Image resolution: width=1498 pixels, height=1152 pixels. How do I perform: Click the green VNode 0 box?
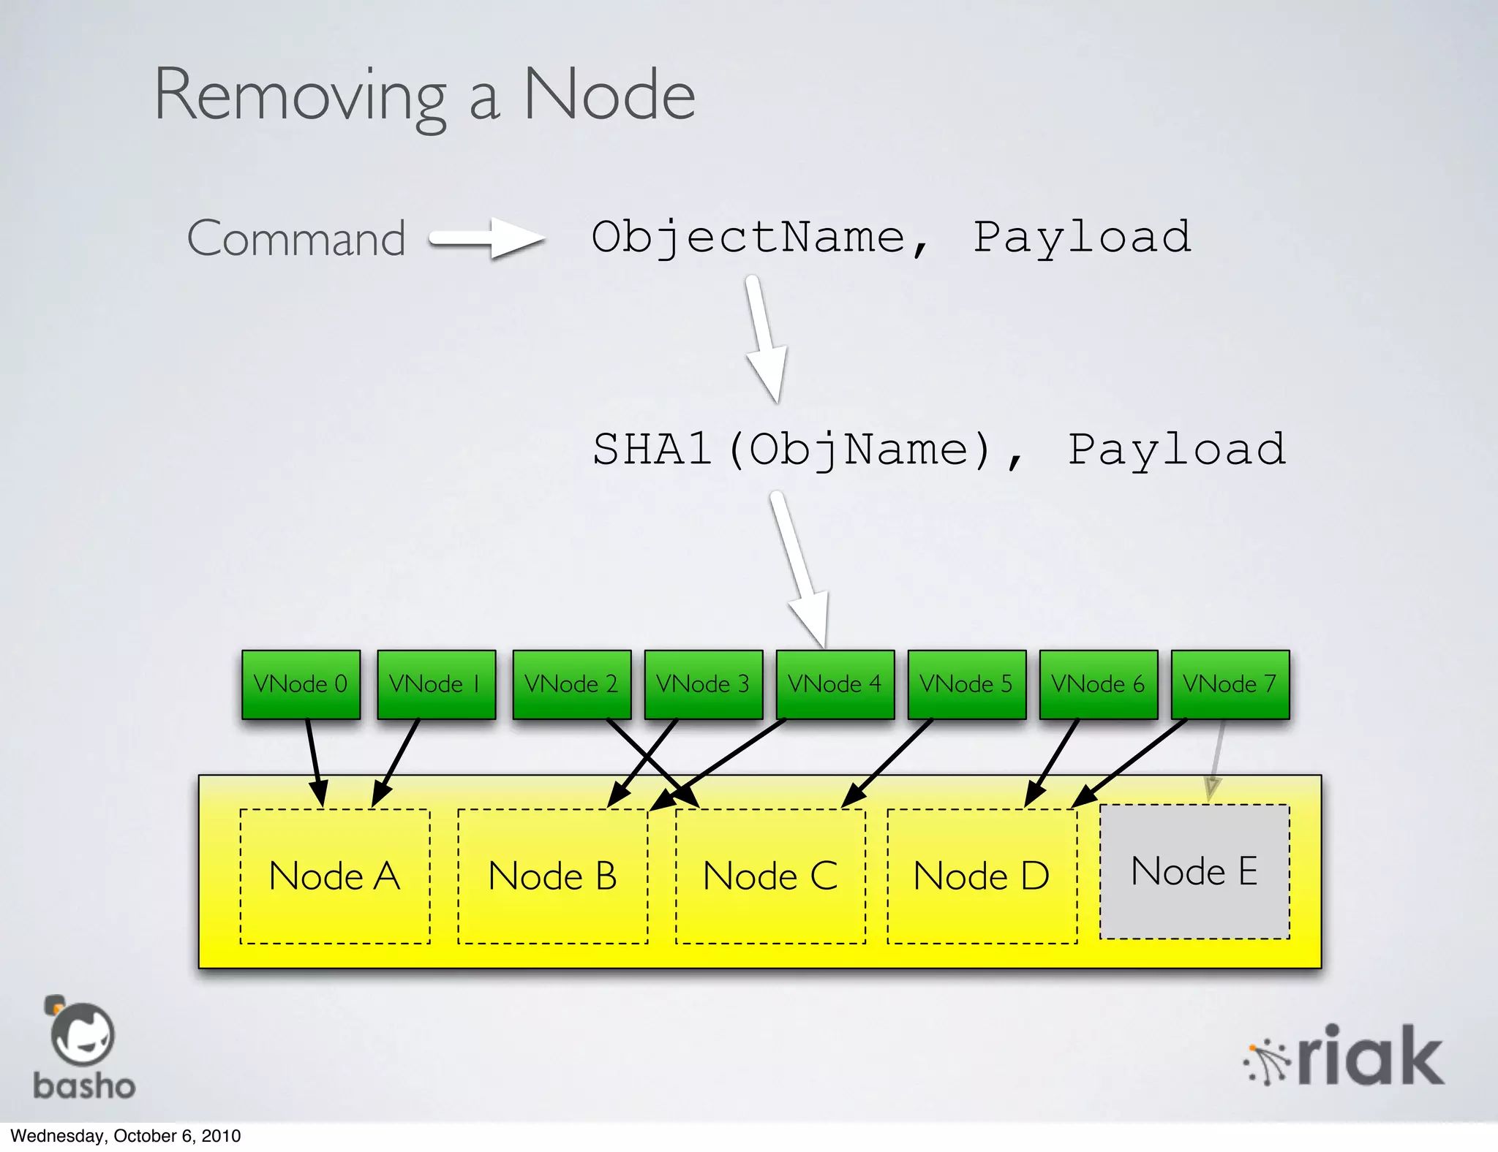(301, 684)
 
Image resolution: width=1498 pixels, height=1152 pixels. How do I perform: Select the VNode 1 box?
(436, 684)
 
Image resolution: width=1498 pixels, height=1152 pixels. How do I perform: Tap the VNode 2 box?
(571, 684)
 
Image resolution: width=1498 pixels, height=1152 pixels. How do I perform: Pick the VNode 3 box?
(703, 684)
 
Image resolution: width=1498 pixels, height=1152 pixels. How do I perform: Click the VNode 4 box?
(835, 684)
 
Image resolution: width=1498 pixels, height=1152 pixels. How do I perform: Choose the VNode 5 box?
(966, 684)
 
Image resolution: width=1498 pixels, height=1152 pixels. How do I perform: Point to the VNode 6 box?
(1098, 684)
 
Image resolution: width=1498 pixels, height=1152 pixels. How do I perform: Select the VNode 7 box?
(1230, 684)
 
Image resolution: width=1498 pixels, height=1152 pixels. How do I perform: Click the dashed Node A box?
(335, 876)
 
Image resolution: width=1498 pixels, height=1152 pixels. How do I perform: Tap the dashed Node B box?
(553, 876)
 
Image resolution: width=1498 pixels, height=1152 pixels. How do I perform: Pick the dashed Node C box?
(770, 876)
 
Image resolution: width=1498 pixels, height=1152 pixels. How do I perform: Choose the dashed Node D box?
(982, 876)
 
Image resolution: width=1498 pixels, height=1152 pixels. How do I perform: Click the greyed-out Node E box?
(1194, 871)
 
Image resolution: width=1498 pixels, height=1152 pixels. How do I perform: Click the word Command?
(296, 238)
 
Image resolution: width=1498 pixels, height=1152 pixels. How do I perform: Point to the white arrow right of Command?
(487, 238)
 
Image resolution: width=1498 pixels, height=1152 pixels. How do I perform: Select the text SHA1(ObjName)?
(791, 450)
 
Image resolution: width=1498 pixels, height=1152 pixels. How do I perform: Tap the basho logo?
(83, 1048)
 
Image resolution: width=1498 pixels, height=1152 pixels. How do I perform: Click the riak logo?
(1344, 1056)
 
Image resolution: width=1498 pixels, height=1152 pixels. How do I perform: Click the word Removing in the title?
(300, 96)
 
